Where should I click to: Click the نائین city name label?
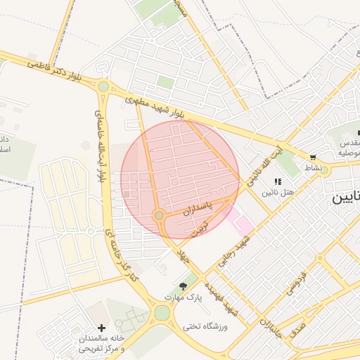coord(345,199)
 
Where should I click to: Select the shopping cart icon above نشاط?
coord(312,157)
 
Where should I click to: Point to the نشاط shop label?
coord(312,168)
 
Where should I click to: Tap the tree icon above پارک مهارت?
coord(184,286)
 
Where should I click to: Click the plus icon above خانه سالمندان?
coord(102,328)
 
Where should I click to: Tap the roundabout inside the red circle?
coord(160,215)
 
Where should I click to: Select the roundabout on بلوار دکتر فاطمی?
coord(103,86)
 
